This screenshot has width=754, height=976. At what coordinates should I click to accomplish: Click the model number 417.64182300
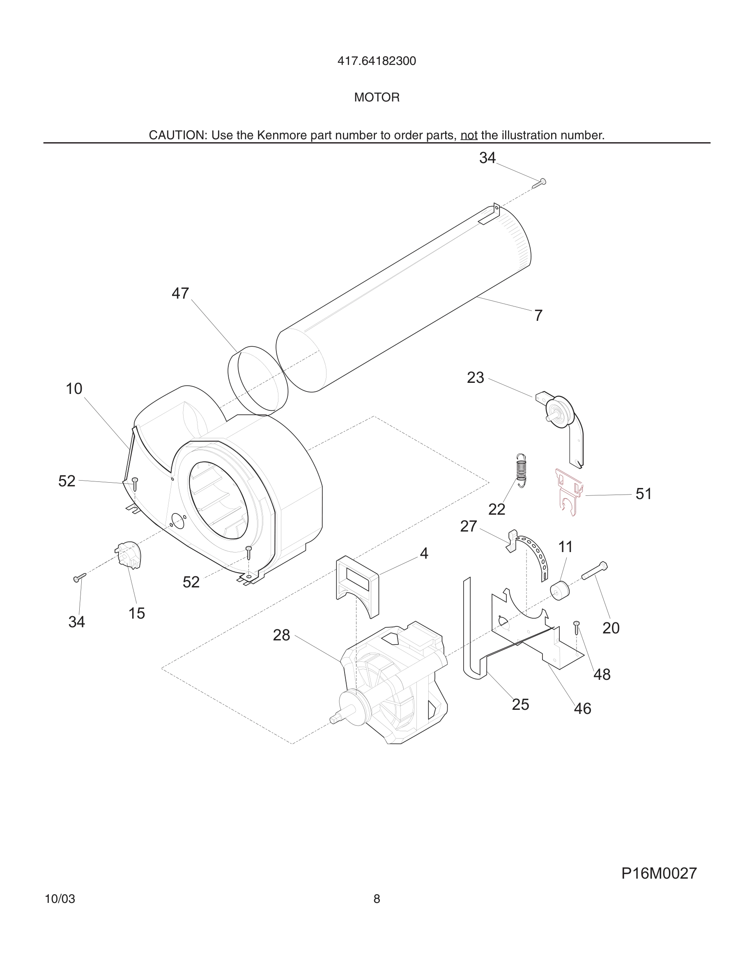(x=377, y=61)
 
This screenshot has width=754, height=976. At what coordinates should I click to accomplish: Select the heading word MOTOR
(x=377, y=97)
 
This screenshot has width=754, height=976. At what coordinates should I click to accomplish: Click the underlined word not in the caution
(x=469, y=136)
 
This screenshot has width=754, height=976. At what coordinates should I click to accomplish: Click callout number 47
(x=180, y=294)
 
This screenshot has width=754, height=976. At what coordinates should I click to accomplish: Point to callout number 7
(x=538, y=316)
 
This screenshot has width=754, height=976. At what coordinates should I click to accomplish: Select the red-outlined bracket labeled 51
(x=569, y=491)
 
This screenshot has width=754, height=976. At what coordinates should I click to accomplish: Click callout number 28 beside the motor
(x=281, y=635)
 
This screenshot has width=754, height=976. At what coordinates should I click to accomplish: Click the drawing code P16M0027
(x=659, y=873)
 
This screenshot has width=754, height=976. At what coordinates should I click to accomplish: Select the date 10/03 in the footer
(x=60, y=899)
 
